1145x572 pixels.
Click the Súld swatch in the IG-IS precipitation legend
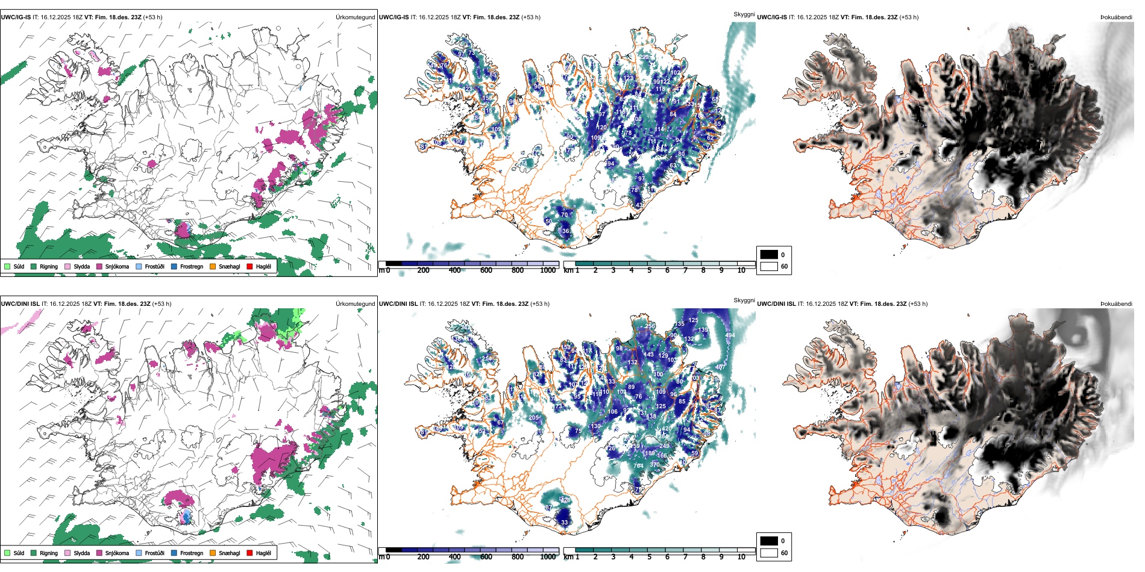(7, 266)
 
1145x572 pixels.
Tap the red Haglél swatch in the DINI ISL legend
(249, 553)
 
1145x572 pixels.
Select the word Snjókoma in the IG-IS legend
(117, 266)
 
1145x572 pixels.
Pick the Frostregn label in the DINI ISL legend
(192, 553)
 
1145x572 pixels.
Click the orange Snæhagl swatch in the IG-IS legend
(213, 266)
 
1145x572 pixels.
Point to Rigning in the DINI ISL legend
(49, 553)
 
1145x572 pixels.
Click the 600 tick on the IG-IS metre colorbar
(486, 270)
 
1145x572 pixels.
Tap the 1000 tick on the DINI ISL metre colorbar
(548, 557)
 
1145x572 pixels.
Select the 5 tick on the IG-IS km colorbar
(650, 270)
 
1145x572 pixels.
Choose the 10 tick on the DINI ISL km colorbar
(741, 557)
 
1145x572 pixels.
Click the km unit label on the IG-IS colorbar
(568, 270)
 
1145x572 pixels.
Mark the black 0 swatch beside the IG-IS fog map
(769, 255)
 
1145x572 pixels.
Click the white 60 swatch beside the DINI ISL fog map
(769, 553)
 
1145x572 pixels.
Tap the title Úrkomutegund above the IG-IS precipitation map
(355, 17)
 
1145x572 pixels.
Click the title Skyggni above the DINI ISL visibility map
(744, 300)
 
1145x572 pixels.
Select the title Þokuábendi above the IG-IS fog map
(1116, 17)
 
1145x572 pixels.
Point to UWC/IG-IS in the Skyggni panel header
(394, 17)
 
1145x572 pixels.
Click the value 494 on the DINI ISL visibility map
(730, 335)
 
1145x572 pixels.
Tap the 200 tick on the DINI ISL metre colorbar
(424, 557)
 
